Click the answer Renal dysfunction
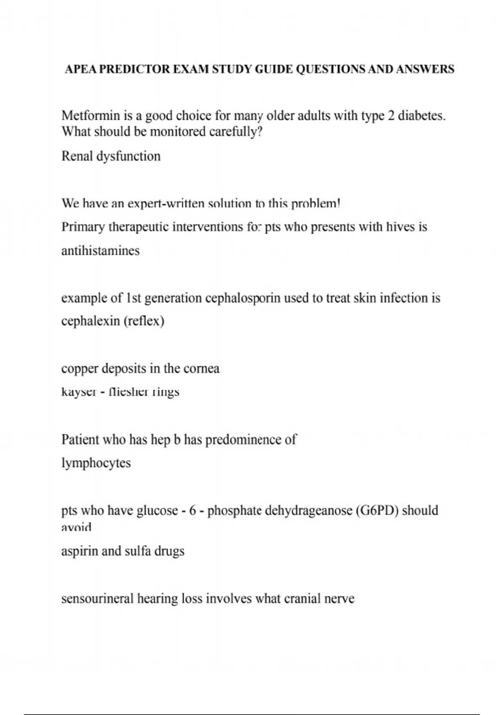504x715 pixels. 111,156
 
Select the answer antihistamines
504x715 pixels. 100,251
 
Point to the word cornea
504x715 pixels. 202,369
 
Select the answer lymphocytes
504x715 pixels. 96,463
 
